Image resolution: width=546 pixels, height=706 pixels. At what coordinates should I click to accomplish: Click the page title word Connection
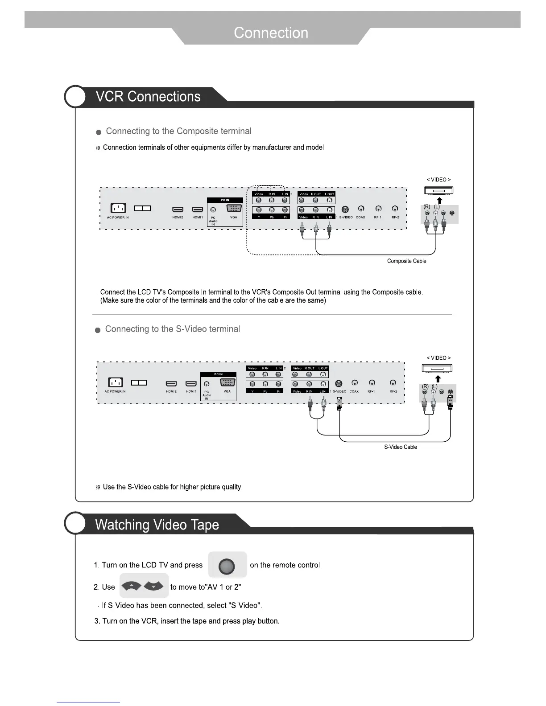[x=271, y=33]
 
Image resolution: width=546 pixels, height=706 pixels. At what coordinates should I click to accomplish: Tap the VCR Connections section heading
[x=148, y=97]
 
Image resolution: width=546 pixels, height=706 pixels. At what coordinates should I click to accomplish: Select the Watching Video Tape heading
[x=157, y=525]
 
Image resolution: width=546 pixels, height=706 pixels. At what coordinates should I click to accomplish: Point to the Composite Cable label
[x=406, y=261]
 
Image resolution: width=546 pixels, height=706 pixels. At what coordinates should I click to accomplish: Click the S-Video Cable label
[x=401, y=447]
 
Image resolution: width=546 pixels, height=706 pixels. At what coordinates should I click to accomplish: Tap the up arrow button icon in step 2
[x=132, y=586]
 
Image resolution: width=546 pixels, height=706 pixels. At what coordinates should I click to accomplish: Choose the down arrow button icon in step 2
[x=154, y=586]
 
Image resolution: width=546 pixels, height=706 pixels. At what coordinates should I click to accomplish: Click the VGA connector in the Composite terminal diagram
[x=234, y=208]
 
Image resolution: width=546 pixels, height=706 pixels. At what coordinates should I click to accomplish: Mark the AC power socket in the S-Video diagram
[x=116, y=382]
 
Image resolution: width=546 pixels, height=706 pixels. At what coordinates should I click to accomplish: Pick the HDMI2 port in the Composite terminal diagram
[x=178, y=209]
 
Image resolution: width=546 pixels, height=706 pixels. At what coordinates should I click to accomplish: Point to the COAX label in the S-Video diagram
[x=354, y=392]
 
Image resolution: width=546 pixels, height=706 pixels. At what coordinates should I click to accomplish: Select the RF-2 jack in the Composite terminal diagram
[x=395, y=209]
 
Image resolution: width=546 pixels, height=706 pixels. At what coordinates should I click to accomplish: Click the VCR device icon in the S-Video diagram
[x=437, y=369]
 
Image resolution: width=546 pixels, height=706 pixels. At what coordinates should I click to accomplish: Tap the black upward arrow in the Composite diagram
[x=439, y=200]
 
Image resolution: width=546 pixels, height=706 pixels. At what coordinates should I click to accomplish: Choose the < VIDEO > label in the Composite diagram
[x=438, y=180]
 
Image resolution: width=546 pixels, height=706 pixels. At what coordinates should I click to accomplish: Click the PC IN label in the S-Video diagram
[x=218, y=374]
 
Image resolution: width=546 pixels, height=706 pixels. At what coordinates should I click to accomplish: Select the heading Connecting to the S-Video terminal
[x=172, y=329]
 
